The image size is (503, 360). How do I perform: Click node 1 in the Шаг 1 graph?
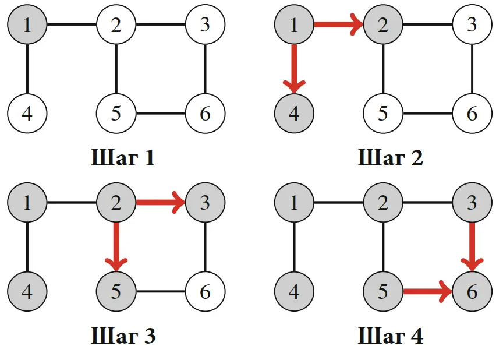click(x=27, y=25)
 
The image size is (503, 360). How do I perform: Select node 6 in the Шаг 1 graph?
click(x=205, y=113)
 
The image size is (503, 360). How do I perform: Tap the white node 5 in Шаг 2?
click(x=383, y=113)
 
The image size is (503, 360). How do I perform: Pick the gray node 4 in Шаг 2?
click(x=294, y=113)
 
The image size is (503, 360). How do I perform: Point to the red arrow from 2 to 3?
click(x=160, y=203)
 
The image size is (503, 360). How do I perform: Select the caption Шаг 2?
click(x=390, y=158)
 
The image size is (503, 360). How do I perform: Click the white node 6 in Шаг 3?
click(x=205, y=291)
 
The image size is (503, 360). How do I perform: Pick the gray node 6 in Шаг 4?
click(x=472, y=291)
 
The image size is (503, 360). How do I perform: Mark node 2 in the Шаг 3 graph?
click(x=116, y=203)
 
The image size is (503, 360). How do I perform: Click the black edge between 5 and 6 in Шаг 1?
click(x=161, y=113)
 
